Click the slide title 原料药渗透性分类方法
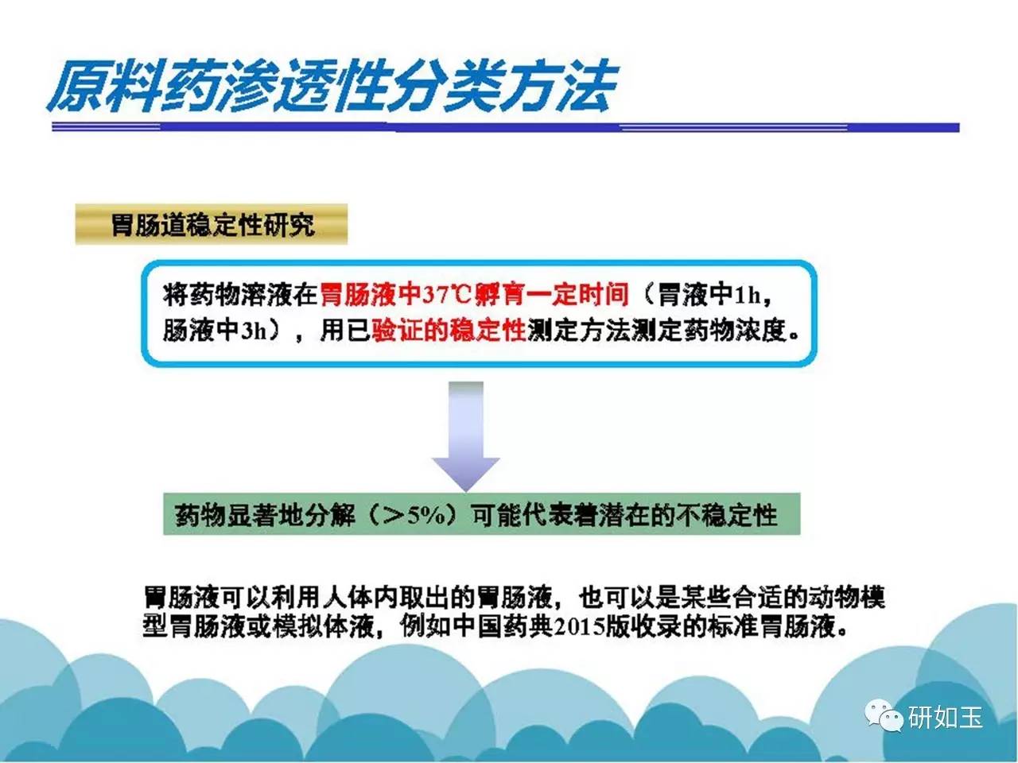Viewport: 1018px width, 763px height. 332,86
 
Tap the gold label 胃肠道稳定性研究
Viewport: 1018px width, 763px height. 212,225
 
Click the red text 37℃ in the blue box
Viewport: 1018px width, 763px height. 447,295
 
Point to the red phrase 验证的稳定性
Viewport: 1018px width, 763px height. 449,330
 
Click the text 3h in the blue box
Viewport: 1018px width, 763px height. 254,331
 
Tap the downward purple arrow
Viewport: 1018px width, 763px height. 465,436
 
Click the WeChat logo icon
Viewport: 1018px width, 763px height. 884,716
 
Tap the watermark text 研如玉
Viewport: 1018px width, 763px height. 945,717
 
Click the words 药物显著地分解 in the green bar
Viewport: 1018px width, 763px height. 265,515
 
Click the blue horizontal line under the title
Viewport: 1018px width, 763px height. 506,127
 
